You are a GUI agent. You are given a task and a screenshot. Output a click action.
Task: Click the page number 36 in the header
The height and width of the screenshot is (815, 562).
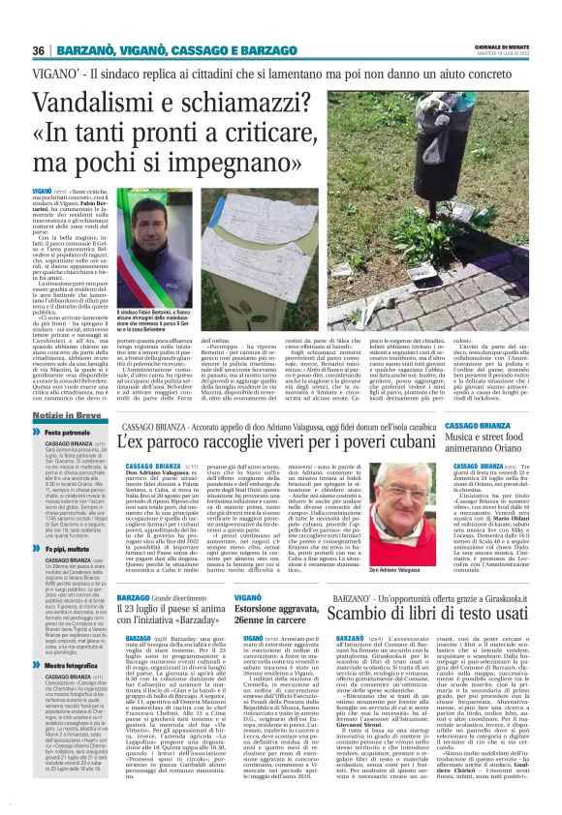tap(40, 50)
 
